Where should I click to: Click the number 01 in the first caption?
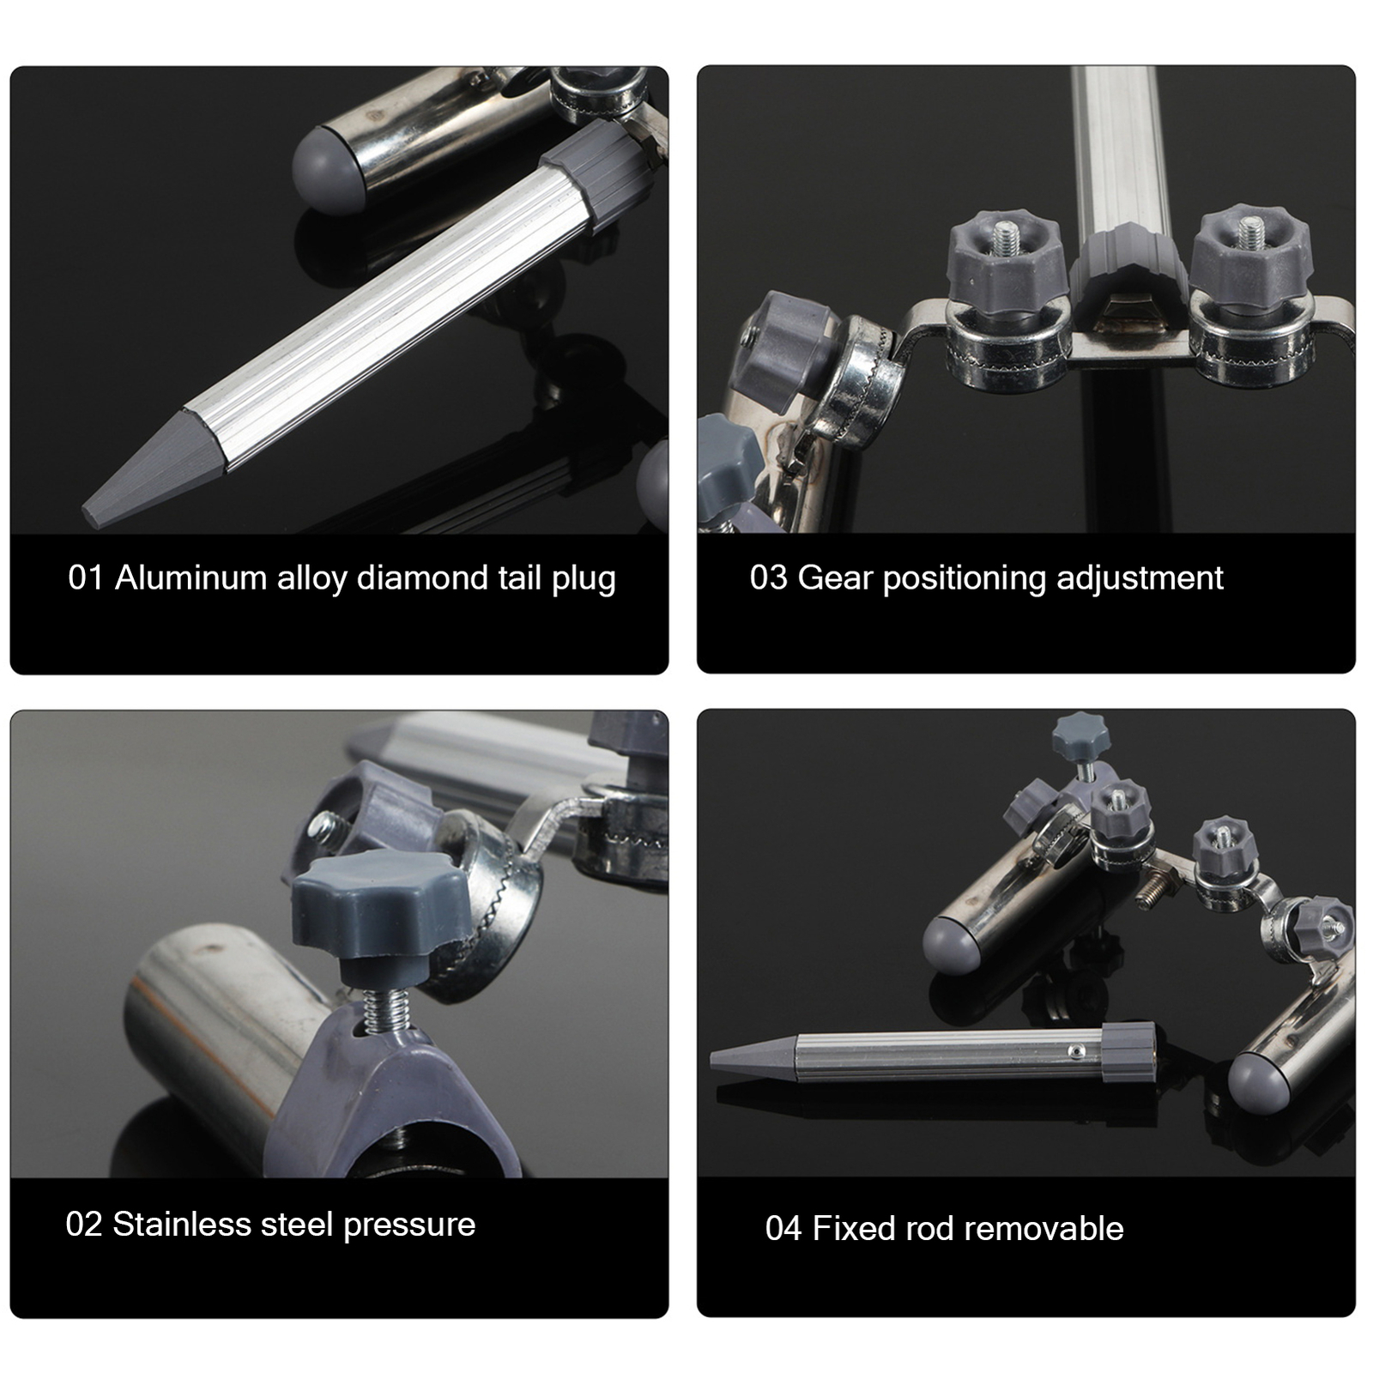pyautogui.click(x=85, y=578)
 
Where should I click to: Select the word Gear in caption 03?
pyautogui.click(x=835, y=578)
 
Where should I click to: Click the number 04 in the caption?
pyautogui.click(x=783, y=1229)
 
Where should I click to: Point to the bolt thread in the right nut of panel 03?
pyautogui.click(x=1247, y=228)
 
